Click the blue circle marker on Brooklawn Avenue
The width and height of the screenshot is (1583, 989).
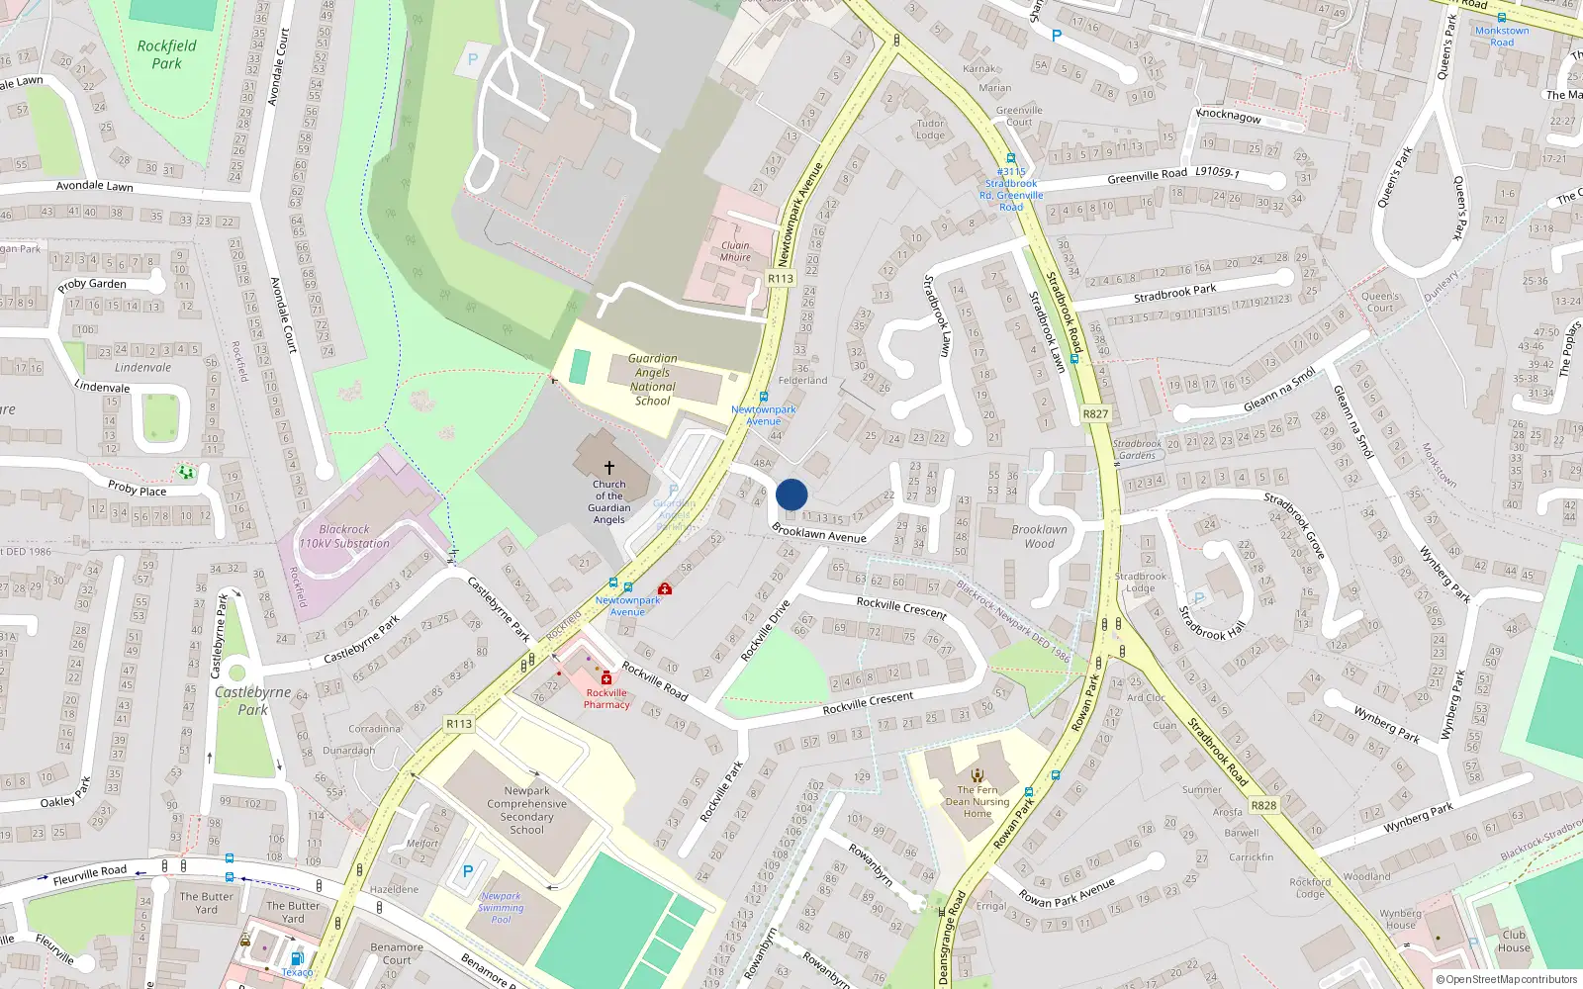(x=791, y=494)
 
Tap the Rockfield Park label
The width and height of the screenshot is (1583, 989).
(x=166, y=54)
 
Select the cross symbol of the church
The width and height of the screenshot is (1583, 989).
(x=608, y=467)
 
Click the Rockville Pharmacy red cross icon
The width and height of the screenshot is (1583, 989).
(x=606, y=677)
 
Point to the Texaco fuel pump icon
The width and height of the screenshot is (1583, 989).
(x=296, y=958)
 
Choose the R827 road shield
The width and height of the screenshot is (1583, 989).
(x=1095, y=413)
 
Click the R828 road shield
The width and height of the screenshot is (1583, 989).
(x=1263, y=805)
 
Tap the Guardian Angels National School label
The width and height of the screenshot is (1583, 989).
(x=652, y=380)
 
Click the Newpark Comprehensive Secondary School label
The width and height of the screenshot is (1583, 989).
(x=526, y=810)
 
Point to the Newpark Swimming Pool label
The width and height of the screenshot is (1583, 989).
(x=501, y=908)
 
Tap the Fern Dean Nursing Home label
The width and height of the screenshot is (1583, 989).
(x=978, y=801)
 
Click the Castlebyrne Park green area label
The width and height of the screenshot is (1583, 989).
(x=253, y=700)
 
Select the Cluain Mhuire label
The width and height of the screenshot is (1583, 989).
(x=735, y=251)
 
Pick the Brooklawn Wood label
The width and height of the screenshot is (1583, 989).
(x=1039, y=536)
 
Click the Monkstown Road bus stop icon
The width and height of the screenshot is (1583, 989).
(x=1502, y=18)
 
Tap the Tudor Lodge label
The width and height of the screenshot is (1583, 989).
(x=930, y=130)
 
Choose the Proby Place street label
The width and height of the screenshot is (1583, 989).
(x=137, y=489)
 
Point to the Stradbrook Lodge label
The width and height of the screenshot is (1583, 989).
(x=1140, y=582)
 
